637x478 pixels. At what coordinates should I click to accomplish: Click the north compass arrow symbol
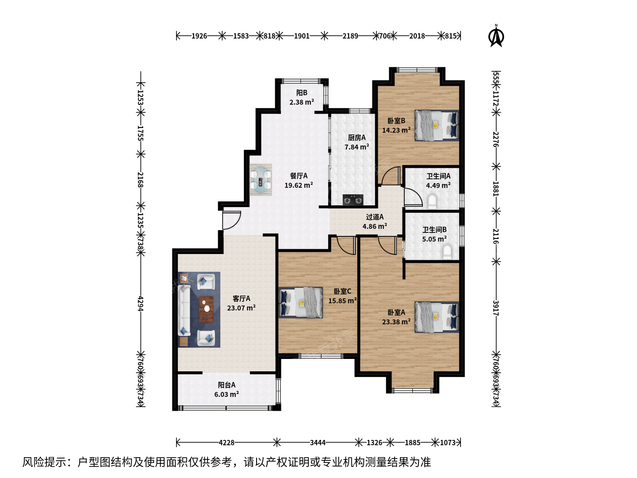click(496, 36)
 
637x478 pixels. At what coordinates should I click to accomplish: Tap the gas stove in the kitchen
click(353, 200)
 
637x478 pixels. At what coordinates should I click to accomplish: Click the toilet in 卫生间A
click(432, 202)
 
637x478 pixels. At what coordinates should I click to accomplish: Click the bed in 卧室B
click(437, 125)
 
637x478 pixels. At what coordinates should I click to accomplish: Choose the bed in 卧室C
click(301, 302)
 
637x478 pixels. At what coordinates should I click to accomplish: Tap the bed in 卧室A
click(437, 317)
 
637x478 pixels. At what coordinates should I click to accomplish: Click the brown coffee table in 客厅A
click(206, 309)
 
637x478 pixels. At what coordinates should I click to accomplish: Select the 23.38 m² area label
click(396, 322)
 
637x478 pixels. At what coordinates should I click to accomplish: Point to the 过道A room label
click(375, 217)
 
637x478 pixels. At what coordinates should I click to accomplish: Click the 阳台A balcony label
click(226, 385)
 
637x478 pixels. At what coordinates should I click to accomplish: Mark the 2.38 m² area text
click(302, 102)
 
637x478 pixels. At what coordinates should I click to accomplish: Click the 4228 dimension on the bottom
click(226, 443)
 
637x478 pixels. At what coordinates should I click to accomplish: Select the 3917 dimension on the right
click(496, 308)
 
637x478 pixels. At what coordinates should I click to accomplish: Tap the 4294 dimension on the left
click(141, 304)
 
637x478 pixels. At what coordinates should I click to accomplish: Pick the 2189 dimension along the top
click(350, 36)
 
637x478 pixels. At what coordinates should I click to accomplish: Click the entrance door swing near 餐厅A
click(232, 220)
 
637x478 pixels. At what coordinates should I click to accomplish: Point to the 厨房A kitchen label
click(357, 138)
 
